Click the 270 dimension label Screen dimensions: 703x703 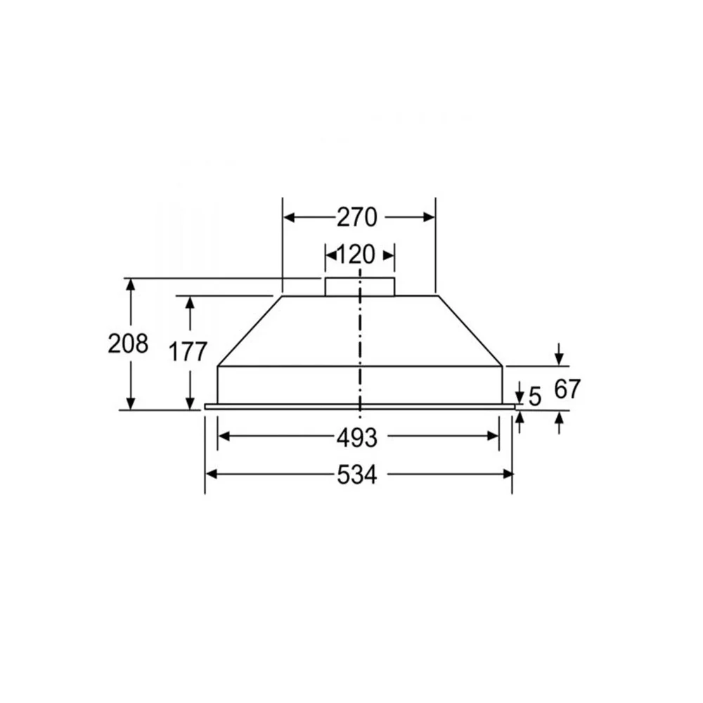tap(357, 217)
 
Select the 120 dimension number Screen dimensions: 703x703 tap(355, 254)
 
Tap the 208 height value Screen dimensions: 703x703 tap(128, 344)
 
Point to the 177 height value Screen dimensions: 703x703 tap(188, 351)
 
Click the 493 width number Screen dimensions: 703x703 tap(357, 437)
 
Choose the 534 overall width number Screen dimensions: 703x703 tap(357, 475)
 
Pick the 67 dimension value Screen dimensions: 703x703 tap(567, 389)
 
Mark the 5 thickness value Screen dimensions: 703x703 tap(535, 396)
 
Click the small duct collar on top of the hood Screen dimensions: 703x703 tap(360, 287)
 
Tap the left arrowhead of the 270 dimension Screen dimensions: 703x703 tap(289, 217)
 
